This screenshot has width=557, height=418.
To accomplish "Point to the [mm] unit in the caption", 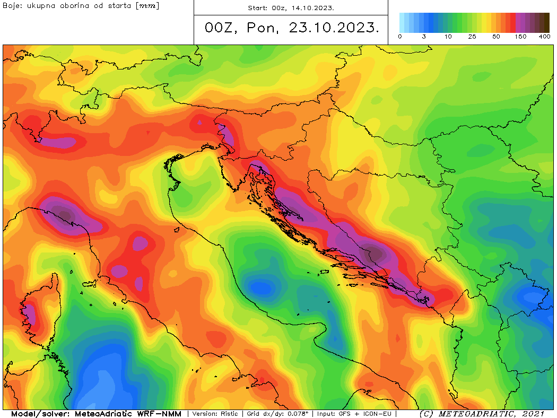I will (148, 6).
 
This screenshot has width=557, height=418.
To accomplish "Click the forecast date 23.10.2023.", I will (334, 28).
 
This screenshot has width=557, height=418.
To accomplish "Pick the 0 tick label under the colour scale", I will (399, 37).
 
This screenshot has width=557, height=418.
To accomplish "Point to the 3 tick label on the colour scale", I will (424, 37).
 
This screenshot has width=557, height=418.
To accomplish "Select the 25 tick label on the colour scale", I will (472, 37).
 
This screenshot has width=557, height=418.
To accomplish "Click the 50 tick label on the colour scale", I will (496, 37).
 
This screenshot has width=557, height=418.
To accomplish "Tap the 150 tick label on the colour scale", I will (520, 37).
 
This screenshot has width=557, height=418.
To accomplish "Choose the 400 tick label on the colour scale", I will (544, 37).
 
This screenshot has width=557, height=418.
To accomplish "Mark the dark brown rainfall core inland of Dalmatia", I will (375, 254).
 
